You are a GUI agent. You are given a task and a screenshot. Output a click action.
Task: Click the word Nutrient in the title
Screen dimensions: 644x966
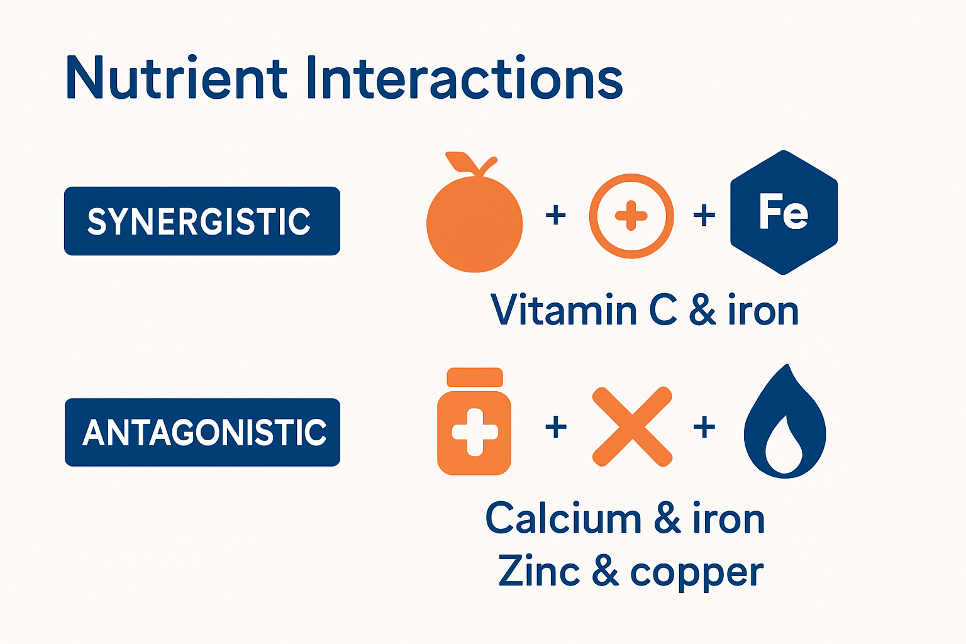176,79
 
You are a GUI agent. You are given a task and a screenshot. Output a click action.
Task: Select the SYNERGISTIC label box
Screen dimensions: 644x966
202,221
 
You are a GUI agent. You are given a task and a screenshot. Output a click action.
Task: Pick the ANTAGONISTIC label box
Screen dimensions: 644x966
202,432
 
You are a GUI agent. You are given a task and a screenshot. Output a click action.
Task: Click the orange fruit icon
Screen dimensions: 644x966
474,223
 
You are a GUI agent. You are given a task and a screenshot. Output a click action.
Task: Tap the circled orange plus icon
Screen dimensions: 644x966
631,216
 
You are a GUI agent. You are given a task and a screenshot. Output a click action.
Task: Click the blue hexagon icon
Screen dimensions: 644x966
784,213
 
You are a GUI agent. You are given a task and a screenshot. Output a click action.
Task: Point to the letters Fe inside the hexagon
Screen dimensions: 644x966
783,212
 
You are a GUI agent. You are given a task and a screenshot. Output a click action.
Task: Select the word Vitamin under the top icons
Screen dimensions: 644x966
563,310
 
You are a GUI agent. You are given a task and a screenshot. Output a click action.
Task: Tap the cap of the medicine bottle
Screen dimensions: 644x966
474,377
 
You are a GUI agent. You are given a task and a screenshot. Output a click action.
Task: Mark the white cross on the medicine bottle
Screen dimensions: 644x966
475,432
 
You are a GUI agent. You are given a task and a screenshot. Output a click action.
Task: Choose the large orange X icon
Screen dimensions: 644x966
632,426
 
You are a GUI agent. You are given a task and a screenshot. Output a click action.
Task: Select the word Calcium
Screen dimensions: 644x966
563,519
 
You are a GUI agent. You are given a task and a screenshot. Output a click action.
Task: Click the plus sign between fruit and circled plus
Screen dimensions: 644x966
555,216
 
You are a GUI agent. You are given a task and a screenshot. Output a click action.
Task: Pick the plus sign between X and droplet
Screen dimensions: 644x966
704,428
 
